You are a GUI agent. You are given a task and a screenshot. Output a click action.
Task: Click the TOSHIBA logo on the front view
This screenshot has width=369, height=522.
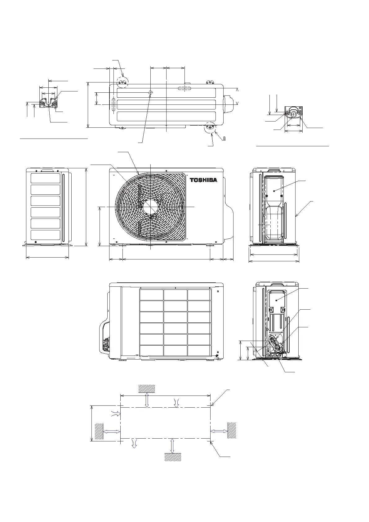point(204,180)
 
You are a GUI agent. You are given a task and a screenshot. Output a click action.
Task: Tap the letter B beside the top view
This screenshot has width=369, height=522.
point(224,139)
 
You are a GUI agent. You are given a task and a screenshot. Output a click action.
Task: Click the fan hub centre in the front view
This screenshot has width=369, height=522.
point(150,206)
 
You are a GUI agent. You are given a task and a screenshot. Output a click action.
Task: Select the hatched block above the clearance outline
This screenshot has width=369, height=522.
point(147,388)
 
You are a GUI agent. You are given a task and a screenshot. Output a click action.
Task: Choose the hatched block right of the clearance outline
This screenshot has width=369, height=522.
point(232,430)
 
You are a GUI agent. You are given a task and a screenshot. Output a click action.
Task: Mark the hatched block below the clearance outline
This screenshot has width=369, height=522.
point(173,457)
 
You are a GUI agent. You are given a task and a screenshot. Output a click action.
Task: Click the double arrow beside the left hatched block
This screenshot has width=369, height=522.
point(111,431)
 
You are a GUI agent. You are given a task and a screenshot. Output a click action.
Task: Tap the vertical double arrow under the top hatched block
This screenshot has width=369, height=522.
point(147,400)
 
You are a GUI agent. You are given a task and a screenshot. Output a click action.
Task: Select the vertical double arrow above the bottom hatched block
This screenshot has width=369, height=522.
point(172,446)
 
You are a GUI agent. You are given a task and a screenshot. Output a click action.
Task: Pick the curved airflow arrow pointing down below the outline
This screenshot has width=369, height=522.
point(134,444)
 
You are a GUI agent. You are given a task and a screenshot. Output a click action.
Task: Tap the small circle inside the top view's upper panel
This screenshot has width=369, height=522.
point(151,92)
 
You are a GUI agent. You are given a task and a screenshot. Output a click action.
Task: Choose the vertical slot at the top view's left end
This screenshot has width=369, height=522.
point(113,104)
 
